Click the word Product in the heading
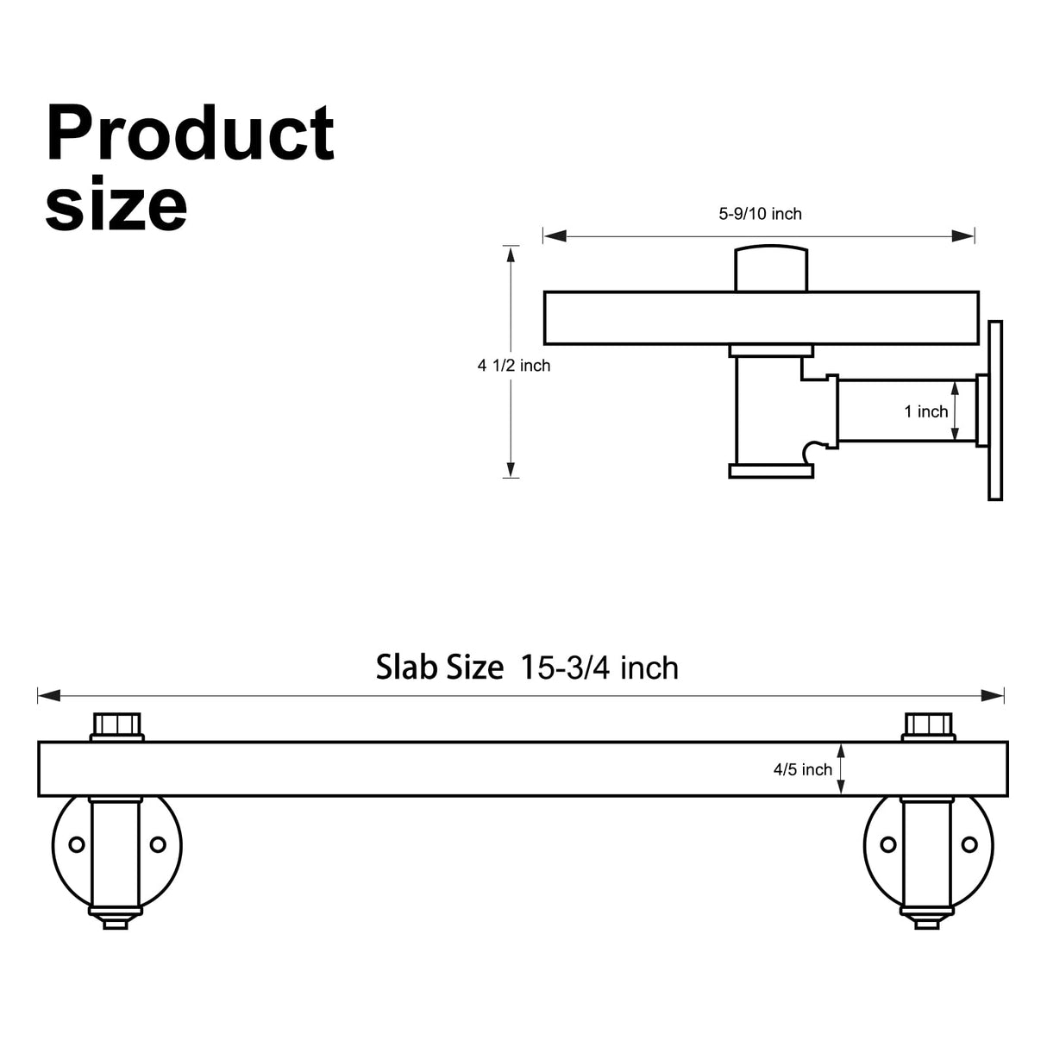(190, 134)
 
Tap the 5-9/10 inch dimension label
(760, 214)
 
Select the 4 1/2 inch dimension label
(514, 366)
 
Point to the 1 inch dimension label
(925, 412)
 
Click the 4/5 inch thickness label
(802, 769)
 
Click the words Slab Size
(439, 668)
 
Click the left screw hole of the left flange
(77, 844)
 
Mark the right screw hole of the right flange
(969, 844)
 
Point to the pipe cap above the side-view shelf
(770, 269)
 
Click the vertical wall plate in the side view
(995, 411)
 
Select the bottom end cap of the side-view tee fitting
(771, 471)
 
